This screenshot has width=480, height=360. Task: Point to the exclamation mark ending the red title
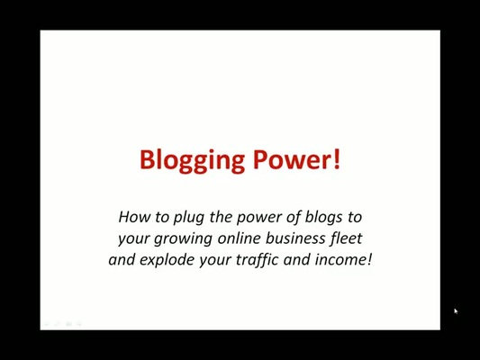click(x=337, y=159)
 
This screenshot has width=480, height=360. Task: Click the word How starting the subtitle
click(x=133, y=217)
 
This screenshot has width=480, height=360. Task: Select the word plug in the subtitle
click(x=185, y=218)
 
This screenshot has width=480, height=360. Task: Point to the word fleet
click(x=347, y=238)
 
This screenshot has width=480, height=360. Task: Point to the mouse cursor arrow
click(x=456, y=311)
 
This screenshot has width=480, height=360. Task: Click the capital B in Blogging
click(x=147, y=159)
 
